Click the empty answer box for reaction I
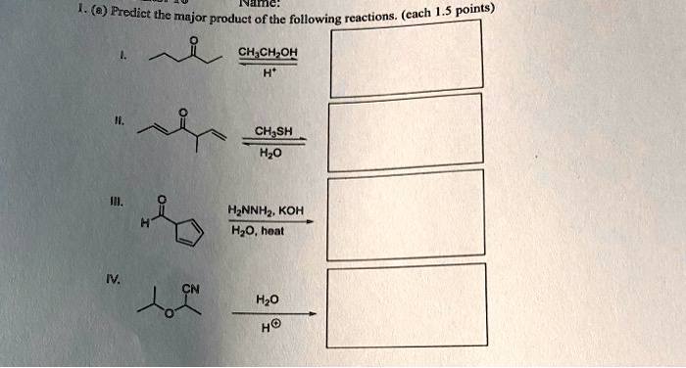[406, 59]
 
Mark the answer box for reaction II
[406, 138]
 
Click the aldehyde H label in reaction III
[144, 221]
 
